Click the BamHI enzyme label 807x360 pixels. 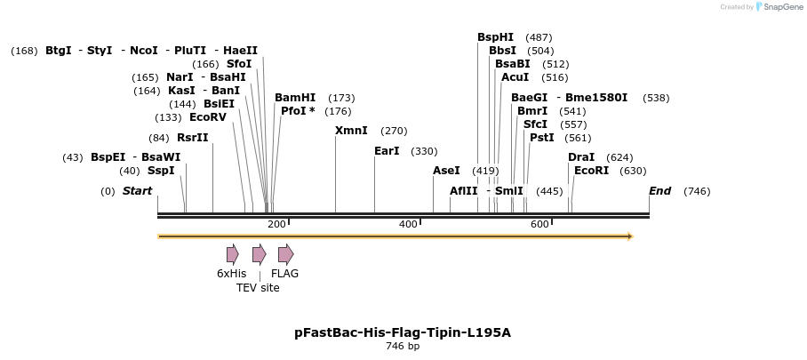(x=295, y=98)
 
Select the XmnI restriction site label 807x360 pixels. (x=351, y=131)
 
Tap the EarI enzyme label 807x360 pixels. (x=387, y=151)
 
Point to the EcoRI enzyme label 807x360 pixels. (x=591, y=171)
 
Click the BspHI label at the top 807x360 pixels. (x=495, y=37)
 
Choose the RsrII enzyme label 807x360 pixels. (x=192, y=138)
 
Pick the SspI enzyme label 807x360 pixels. (x=161, y=171)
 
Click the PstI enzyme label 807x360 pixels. (x=541, y=138)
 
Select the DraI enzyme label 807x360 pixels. (x=581, y=157)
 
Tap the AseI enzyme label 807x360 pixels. (x=446, y=171)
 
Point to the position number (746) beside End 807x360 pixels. (x=697, y=191)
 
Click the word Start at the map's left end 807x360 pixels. (x=137, y=191)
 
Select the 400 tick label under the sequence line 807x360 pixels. (x=408, y=224)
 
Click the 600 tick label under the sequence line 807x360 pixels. (x=539, y=224)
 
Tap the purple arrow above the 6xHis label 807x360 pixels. (x=232, y=254)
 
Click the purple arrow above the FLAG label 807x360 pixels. (x=285, y=254)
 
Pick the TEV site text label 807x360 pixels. (x=258, y=288)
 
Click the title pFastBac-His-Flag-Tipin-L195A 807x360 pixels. (x=403, y=333)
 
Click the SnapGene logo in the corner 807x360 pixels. (x=779, y=7)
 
